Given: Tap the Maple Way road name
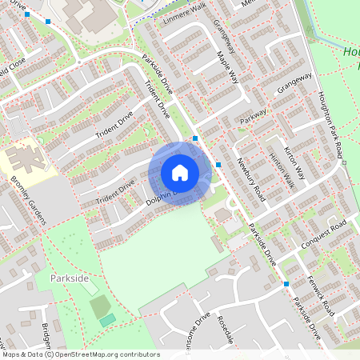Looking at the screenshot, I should (228, 68).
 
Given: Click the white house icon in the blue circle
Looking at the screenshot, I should (180, 173).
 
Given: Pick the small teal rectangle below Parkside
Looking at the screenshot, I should (107, 320).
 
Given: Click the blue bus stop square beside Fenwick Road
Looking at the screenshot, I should (286, 284).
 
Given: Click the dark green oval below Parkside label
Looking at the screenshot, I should (99, 305).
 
